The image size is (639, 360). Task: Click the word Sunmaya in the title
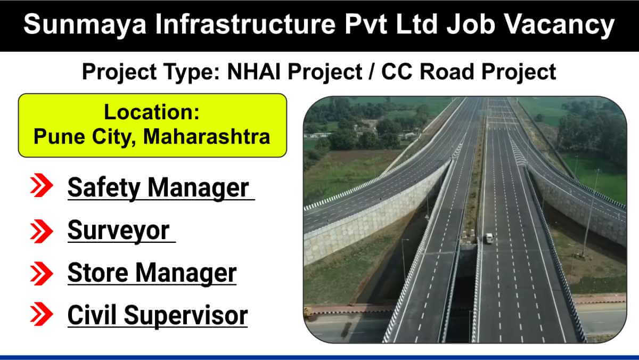(x=85, y=24)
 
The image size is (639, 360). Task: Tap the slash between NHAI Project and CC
(x=372, y=71)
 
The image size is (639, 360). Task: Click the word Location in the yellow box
(x=152, y=112)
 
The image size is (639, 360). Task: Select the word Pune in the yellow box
(x=59, y=137)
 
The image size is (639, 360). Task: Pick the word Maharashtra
(x=207, y=137)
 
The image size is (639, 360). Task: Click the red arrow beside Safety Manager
(x=42, y=185)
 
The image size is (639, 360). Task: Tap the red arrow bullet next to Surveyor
(x=42, y=231)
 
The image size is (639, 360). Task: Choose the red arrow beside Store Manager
(x=42, y=273)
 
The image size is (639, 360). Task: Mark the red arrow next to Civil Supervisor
(x=42, y=314)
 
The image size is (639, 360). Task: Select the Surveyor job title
(x=119, y=231)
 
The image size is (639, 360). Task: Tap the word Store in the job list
(x=98, y=273)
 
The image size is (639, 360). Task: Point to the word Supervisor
(x=186, y=316)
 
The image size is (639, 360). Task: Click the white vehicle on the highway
(x=489, y=238)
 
